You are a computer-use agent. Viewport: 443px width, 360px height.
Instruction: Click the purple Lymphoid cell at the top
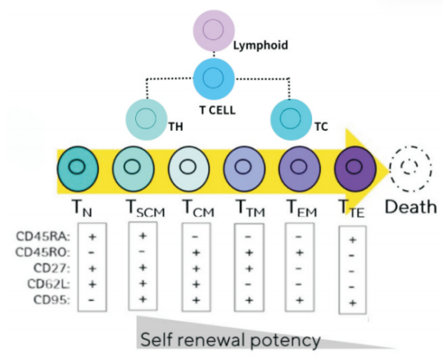(x=214, y=30)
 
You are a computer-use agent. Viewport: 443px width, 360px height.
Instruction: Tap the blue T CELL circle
(x=214, y=79)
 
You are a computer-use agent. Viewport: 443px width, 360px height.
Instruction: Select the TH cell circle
(x=147, y=119)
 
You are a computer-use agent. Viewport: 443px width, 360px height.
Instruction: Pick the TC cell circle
(x=292, y=119)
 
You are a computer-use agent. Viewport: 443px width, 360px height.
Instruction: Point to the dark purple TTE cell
(x=355, y=169)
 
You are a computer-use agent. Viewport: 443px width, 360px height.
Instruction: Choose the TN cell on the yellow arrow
(x=78, y=169)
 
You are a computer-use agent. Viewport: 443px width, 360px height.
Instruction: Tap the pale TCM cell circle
(x=188, y=169)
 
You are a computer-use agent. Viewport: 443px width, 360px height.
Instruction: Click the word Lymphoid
(x=260, y=46)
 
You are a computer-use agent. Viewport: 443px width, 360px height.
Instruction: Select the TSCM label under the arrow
(x=145, y=209)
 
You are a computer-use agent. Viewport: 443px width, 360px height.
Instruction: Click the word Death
(x=411, y=207)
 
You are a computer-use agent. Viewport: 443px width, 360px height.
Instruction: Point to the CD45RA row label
(x=43, y=236)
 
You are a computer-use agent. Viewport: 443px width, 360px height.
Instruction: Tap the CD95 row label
(x=52, y=299)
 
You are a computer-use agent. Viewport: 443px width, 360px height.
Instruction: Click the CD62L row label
(x=48, y=284)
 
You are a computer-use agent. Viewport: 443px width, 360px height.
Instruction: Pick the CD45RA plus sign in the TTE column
(x=352, y=240)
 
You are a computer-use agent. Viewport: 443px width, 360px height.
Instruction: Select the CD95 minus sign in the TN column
(x=91, y=299)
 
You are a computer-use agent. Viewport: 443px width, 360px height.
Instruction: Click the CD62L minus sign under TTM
(x=248, y=285)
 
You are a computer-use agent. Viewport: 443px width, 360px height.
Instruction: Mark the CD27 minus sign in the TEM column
(x=299, y=268)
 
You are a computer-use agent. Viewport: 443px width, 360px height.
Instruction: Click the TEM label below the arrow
(x=301, y=209)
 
